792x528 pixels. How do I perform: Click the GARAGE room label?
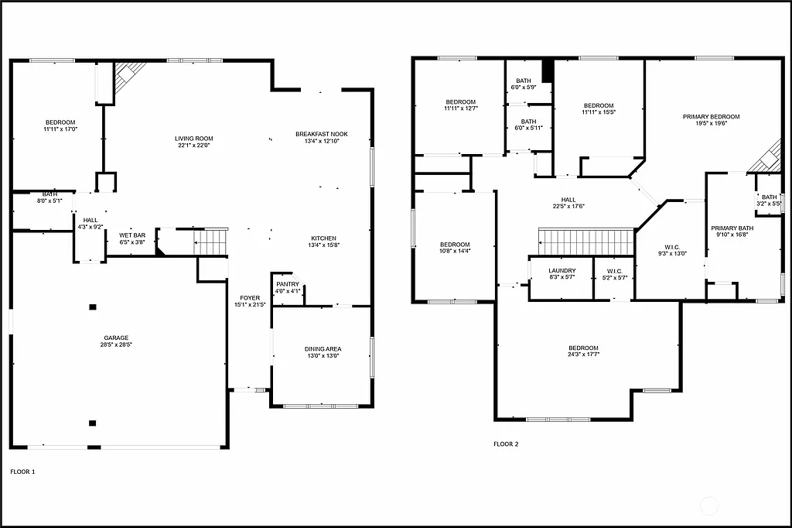(x=117, y=338)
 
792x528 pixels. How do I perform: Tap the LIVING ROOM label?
(x=193, y=138)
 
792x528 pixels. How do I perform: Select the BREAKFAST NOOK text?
(x=322, y=134)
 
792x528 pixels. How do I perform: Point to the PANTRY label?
(x=287, y=284)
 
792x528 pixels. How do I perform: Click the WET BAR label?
(x=132, y=235)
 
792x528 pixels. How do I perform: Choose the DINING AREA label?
(x=323, y=349)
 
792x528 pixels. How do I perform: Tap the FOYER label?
(x=250, y=297)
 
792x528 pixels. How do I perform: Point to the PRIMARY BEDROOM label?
(x=711, y=117)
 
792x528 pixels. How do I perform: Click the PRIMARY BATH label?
(x=731, y=228)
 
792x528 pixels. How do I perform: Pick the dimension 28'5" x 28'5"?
(x=117, y=345)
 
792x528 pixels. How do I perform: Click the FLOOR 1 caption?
(x=22, y=471)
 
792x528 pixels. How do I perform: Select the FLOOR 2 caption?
(x=506, y=444)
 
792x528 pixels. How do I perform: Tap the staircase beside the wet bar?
(x=210, y=242)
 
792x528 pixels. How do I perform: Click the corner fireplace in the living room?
(x=129, y=76)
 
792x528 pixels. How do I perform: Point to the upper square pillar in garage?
(x=93, y=307)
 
